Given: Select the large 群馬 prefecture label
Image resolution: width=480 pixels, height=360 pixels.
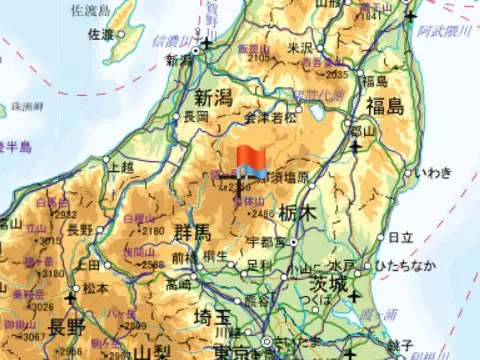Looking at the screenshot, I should (x=191, y=233).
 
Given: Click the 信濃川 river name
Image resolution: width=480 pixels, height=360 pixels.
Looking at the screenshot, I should (x=168, y=40).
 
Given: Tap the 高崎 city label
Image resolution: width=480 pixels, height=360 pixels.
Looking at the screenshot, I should (x=180, y=284).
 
